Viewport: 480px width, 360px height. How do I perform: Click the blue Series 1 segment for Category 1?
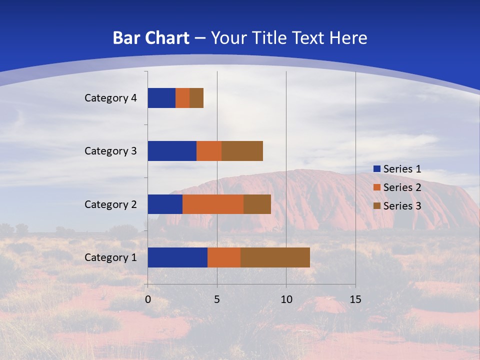177,257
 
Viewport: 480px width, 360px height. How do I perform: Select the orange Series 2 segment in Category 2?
213,204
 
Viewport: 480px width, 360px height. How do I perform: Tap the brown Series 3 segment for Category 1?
275,257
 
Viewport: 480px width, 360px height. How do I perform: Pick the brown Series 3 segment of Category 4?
196,98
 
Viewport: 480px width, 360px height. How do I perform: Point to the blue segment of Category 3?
172,151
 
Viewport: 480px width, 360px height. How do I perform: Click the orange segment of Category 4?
182,98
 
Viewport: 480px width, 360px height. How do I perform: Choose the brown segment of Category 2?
257,204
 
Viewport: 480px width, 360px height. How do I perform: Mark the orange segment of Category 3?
209,151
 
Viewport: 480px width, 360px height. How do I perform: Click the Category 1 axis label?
110,257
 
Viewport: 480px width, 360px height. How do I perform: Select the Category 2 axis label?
110,204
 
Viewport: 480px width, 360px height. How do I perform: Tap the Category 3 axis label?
110,151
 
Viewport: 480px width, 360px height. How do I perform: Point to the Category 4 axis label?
110,98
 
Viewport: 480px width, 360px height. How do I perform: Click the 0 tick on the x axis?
148,299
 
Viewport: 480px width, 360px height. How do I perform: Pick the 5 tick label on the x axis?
217,299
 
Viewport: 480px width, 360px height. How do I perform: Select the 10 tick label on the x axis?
286,299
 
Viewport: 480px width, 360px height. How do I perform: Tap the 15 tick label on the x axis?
355,299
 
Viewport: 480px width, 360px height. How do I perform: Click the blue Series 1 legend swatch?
377,169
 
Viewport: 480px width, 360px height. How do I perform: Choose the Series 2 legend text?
402,187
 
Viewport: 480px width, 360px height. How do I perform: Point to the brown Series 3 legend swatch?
377,206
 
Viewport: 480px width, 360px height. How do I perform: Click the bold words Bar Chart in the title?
151,38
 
